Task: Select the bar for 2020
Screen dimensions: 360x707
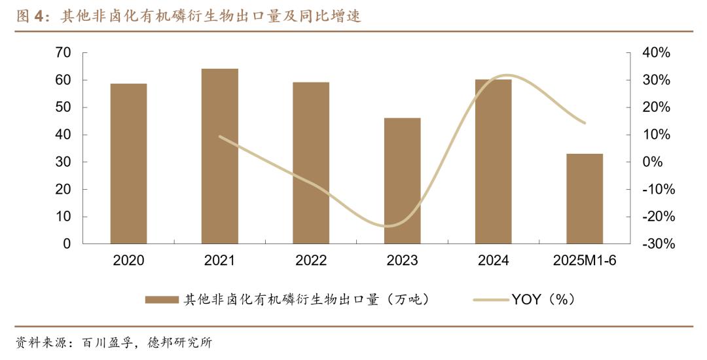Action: pyautogui.click(x=128, y=164)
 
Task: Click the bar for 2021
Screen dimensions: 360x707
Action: pyautogui.click(x=220, y=156)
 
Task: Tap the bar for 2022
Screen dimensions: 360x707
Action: pyautogui.click(x=311, y=163)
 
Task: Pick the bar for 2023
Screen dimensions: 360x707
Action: pyautogui.click(x=402, y=181)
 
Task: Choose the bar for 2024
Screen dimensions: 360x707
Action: pyautogui.click(x=493, y=162)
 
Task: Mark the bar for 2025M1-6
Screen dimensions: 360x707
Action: pyautogui.click(x=585, y=198)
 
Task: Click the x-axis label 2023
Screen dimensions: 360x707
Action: pyautogui.click(x=402, y=261)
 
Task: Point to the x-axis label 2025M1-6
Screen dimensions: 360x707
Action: pyautogui.click(x=585, y=261)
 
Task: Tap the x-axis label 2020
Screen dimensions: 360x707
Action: pyautogui.click(x=128, y=261)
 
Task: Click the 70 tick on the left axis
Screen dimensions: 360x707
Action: pyautogui.click(x=63, y=53)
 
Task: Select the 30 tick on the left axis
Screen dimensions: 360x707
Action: pyautogui.click(x=63, y=162)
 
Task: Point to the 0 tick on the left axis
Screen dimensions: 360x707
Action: pyautogui.click(x=67, y=243)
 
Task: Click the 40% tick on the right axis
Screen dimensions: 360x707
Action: pyautogui.click(x=655, y=53)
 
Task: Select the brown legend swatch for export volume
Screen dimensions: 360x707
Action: pyautogui.click(x=161, y=300)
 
